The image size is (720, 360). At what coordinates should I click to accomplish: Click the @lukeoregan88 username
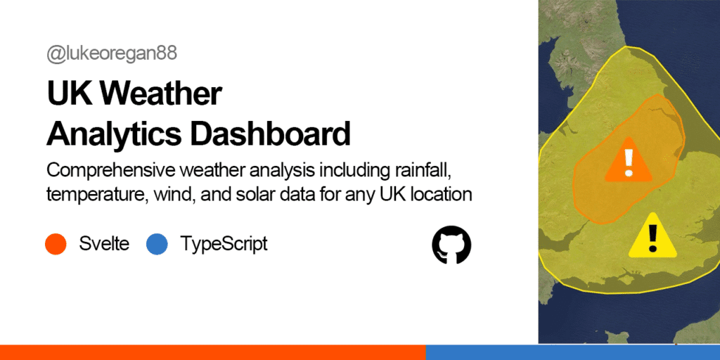point(112,54)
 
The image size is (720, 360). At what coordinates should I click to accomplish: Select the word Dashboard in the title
point(270,134)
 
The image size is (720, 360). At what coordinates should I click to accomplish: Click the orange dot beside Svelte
point(56,244)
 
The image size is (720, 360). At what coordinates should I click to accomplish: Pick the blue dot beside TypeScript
point(157,244)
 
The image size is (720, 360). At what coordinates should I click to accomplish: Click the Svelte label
point(104,243)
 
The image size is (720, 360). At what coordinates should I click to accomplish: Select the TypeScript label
point(224,244)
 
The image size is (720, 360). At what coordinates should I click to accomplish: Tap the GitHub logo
point(451,245)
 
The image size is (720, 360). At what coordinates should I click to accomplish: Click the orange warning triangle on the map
point(628,160)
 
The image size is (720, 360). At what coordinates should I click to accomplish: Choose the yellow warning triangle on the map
point(652,235)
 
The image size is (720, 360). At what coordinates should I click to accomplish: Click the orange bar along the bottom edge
point(212,352)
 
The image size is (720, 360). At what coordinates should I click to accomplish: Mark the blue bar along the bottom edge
point(572,352)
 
